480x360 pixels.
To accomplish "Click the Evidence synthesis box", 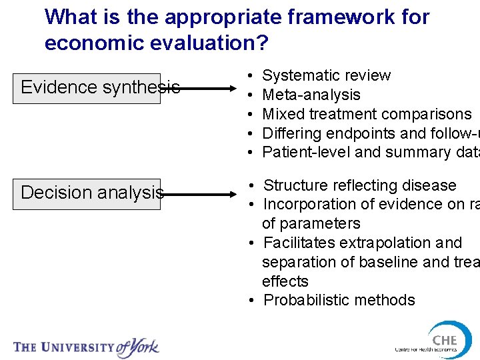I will (x=87, y=88).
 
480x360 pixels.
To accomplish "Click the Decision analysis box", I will (x=87, y=193).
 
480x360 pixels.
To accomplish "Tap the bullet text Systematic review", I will (x=327, y=75).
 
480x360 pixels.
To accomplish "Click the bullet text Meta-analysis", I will (x=311, y=95).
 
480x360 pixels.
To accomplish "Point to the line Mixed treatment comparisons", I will (x=367, y=114).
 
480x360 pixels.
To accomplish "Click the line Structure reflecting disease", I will (x=360, y=185).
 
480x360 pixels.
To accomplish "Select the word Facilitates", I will (x=297, y=242).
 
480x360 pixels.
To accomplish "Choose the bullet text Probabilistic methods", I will (x=339, y=300).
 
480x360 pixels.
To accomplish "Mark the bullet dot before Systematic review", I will (x=249, y=76).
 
